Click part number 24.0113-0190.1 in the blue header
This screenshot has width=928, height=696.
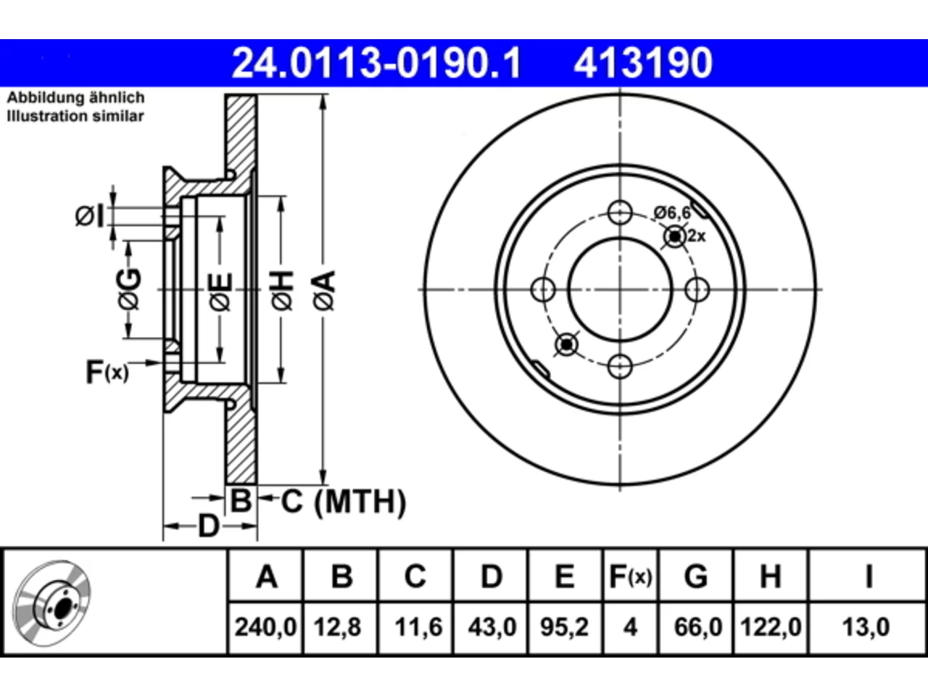pyautogui.click(x=376, y=63)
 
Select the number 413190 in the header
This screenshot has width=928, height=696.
pyautogui.click(x=643, y=63)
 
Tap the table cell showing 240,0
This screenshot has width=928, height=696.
pyautogui.click(x=265, y=626)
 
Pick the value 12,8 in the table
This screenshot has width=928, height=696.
pyautogui.click(x=337, y=626)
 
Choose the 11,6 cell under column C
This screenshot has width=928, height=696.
pyautogui.click(x=418, y=626)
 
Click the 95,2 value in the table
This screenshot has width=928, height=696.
pyautogui.click(x=564, y=626)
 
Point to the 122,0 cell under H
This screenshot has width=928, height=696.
pyautogui.click(x=771, y=626)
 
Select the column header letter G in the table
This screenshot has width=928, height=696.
pyautogui.click(x=696, y=576)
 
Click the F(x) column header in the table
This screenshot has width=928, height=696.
pyautogui.click(x=631, y=576)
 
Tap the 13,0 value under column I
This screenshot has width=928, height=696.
pyautogui.click(x=866, y=626)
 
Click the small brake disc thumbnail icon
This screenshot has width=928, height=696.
pyautogui.click(x=51, y=604)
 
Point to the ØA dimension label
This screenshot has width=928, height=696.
pyautogui.click(x=325, y=291)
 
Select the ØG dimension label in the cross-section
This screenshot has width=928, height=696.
pyautogui.click(x=129, y=289)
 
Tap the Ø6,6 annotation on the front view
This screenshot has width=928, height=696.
pyautogui.click(x=672, y=212)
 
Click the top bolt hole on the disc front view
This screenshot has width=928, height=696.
pyautogui.click(x=620, y=212)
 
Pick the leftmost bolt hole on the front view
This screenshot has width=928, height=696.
pyautogui.click(x=543, y=289)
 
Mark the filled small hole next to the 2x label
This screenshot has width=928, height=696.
pyautogui.click(x=675, y=236)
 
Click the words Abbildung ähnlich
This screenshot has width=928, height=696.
pyautogui.click(x=75, y=98)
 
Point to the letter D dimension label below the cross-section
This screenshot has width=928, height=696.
pyautogui.click(x=209, y=526)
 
